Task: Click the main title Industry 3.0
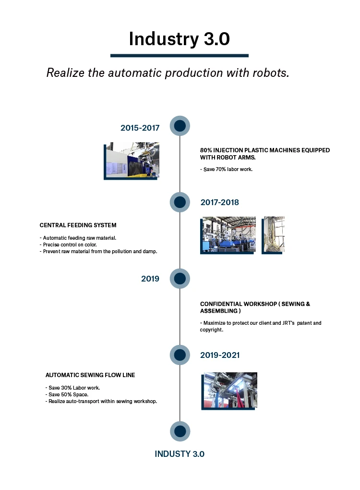(180, 39)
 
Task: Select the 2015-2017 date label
(140, 128)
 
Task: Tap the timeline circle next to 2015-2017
(180, 126)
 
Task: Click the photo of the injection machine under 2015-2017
(132, 161)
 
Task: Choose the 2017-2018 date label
(220, 202)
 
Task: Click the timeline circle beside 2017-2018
(180, 202)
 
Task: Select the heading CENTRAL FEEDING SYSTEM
(78, 225)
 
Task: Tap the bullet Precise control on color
(68, 245)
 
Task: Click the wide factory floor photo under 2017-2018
(228, 235)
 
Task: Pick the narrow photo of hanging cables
(273, 235)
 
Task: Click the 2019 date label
(150, 279)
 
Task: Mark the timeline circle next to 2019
(180, 279)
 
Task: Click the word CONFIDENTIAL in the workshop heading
(221, 304)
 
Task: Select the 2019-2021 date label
(220, 355)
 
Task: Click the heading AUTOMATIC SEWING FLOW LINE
(90, 375)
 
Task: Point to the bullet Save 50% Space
(67, 394)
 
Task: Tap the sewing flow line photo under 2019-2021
(229, 391)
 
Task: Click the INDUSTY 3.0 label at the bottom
(180, 454)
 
